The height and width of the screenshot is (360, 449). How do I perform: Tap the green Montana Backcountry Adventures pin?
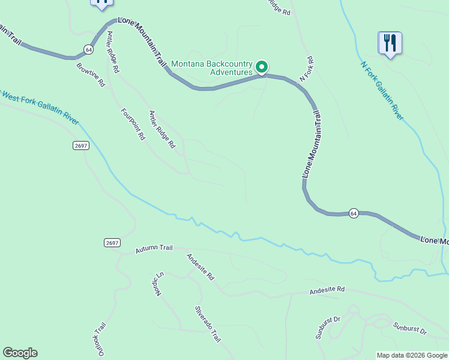click(262, 67)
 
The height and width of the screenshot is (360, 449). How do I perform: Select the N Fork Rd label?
click(307, 69)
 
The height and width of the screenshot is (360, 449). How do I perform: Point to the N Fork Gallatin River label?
click(382, 91)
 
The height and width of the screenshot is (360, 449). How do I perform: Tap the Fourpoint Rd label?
click(133, 124)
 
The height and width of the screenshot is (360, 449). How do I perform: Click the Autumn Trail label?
click(154, 248)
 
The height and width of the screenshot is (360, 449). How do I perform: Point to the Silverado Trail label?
click(207, 324)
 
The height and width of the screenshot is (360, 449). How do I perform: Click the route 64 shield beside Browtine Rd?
click(89, 49)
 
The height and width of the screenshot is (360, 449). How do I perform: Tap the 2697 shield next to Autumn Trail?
click(112, 242)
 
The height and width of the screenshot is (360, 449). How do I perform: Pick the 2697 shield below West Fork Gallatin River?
click(82, 146)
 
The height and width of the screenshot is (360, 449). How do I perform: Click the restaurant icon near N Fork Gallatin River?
click(390, 43)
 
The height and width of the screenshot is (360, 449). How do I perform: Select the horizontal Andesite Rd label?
click(327, 289)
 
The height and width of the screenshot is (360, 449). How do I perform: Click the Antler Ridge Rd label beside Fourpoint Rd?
click(161, 129)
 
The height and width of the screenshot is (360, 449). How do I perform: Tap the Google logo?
click(20, 353)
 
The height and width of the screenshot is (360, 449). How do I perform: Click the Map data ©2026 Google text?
click(412, 355)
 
